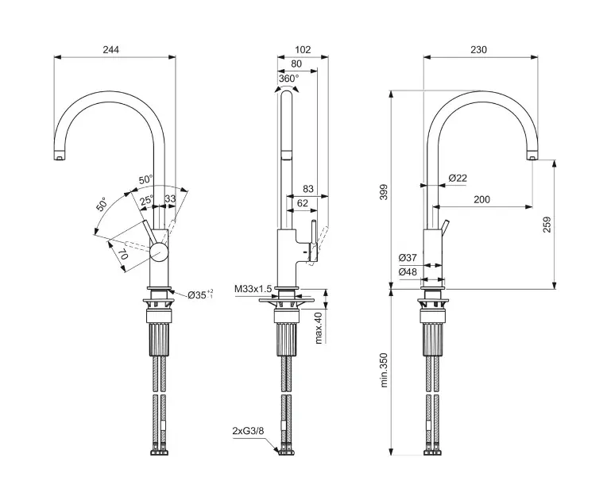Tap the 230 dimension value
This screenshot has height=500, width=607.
478,49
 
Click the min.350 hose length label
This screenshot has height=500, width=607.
384,371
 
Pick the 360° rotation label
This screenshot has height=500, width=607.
288,79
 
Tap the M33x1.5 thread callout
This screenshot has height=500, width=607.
253,289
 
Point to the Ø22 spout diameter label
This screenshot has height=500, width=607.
457,178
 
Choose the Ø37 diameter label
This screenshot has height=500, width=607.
408,257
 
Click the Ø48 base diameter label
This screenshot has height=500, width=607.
408,272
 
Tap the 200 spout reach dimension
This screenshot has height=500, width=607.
481,200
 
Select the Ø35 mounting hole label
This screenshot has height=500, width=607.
200,295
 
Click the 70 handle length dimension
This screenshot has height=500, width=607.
124,256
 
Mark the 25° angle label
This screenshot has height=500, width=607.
148,201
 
